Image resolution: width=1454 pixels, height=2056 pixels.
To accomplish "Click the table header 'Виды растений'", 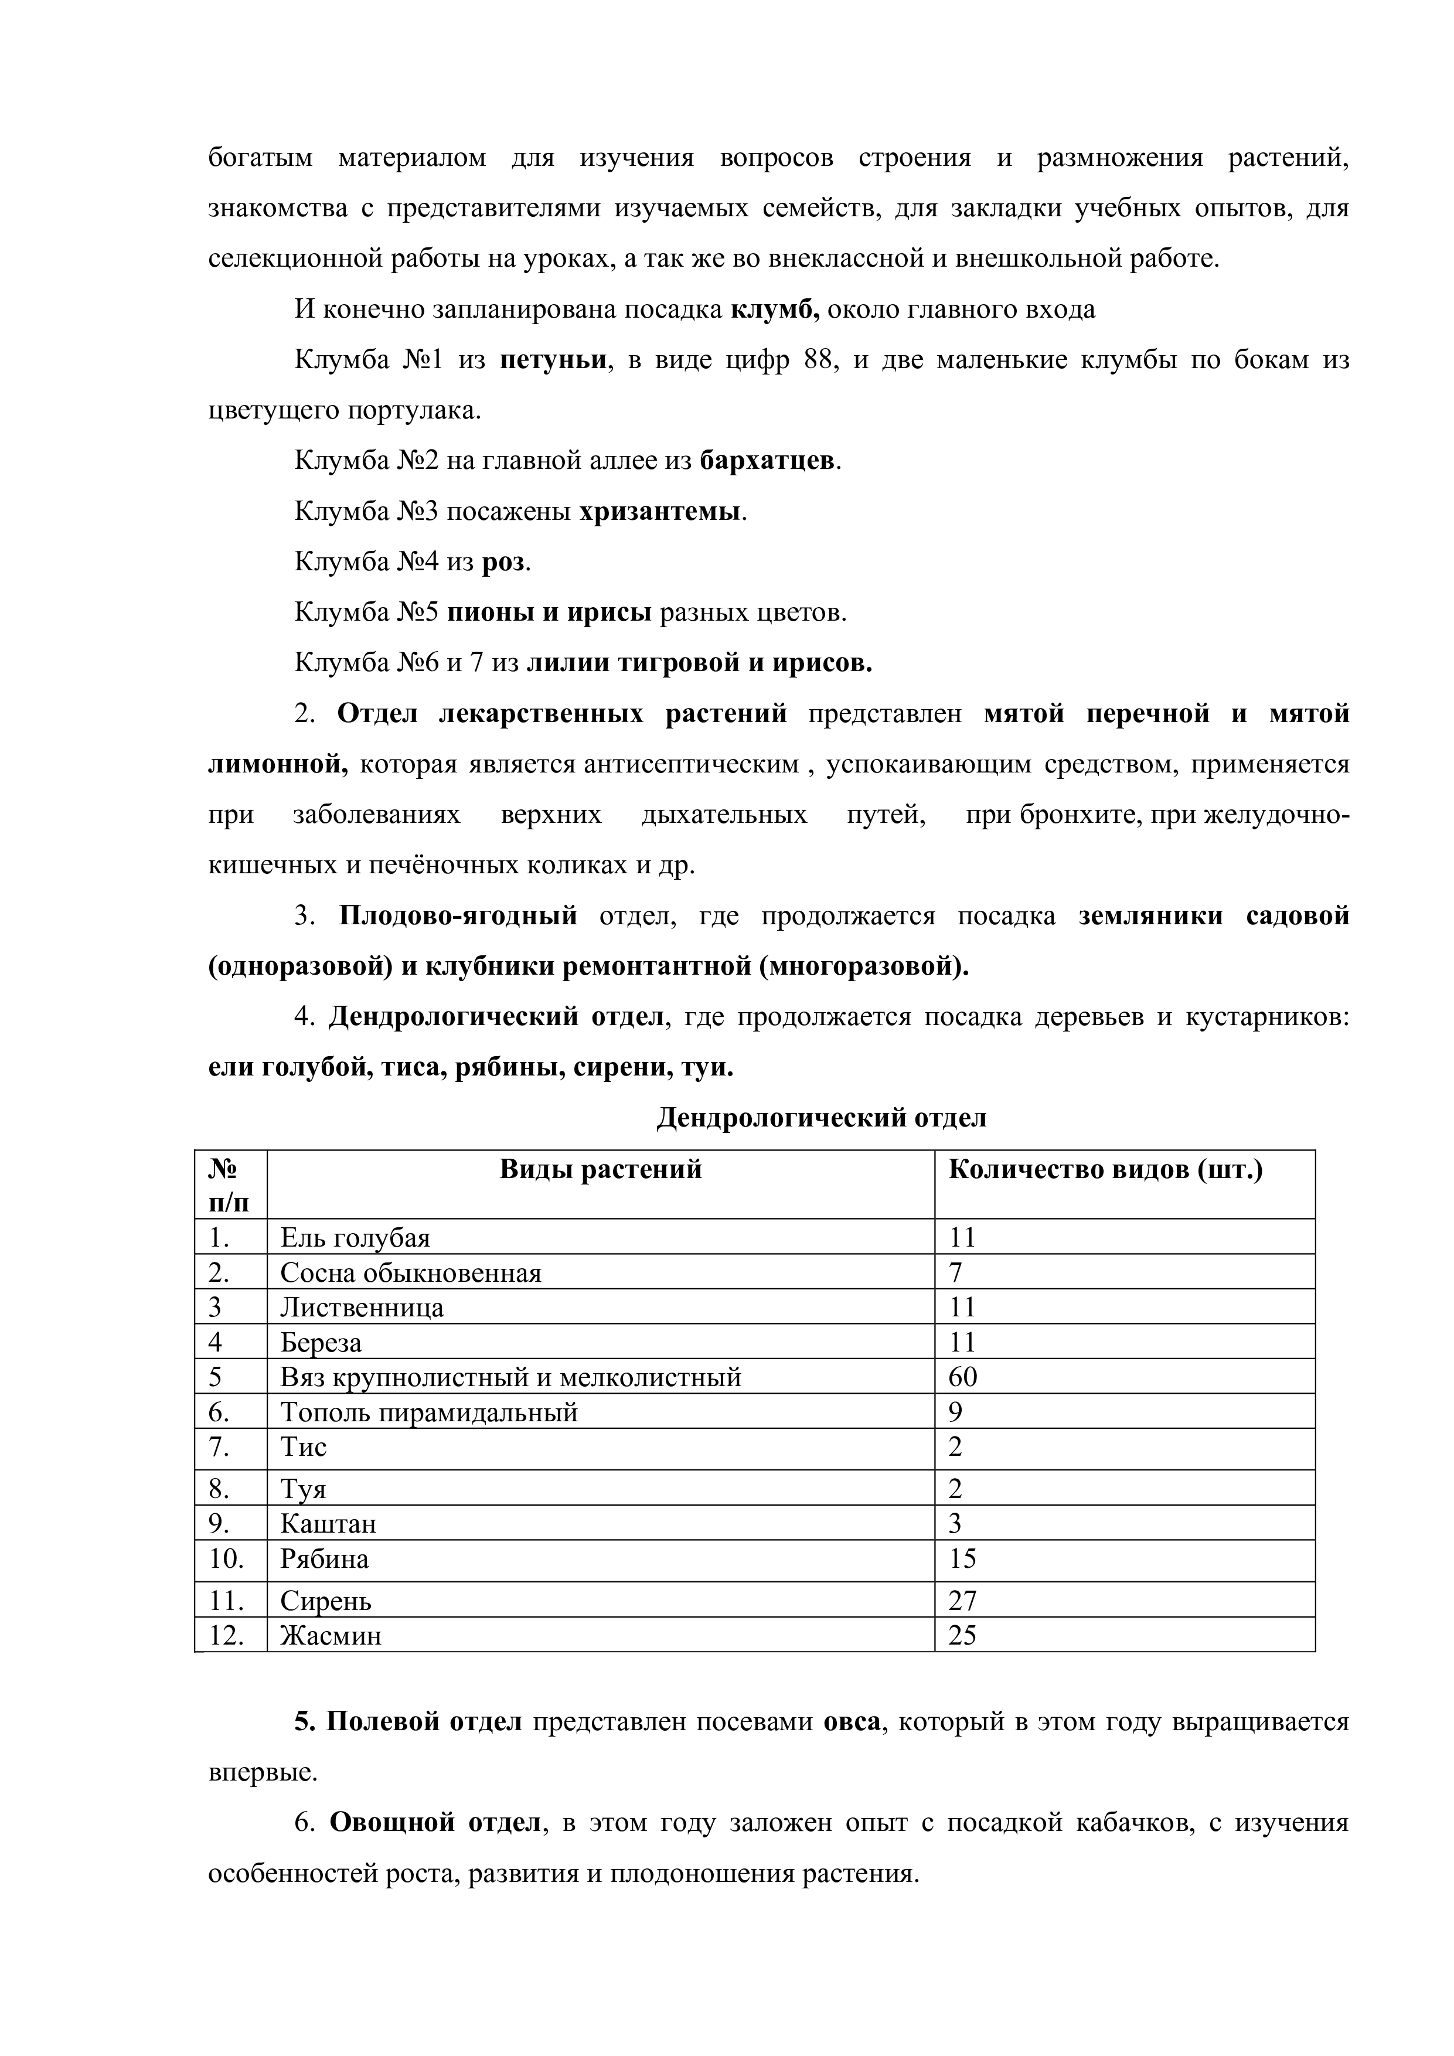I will coord(600,1169).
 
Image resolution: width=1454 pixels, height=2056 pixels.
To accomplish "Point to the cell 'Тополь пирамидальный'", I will coord(429,1412).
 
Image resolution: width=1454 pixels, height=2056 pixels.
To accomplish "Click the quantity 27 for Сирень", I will coord(962,1600).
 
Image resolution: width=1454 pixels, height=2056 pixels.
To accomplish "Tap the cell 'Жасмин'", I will coord(331,1635).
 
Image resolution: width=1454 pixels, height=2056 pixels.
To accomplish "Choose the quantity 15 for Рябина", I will coord(962,1559).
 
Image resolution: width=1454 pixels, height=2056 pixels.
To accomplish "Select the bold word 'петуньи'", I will coord(553,360).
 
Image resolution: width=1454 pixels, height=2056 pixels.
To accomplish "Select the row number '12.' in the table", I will coord(227,1635).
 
